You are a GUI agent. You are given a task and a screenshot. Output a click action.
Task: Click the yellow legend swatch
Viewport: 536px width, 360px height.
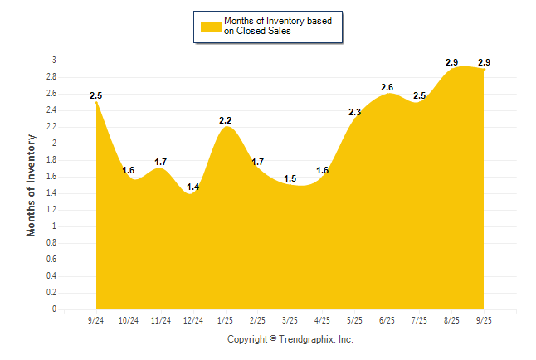(209, 27)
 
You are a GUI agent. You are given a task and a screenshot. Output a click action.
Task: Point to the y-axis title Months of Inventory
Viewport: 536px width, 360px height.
(32, 185)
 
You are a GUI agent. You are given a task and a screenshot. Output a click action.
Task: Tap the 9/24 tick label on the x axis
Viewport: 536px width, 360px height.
(96, 320)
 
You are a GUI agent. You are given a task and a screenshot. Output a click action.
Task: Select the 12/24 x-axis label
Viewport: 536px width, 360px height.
(192, 320)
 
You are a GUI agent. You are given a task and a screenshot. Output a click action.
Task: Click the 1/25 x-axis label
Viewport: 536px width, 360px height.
(225, 320)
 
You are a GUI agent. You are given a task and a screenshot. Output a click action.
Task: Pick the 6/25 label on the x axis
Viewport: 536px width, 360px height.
(387, 320)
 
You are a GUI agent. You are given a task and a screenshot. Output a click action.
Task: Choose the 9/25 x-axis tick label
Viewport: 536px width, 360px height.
(484, 320)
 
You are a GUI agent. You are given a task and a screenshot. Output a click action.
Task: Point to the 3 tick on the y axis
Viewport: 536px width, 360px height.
(54, 61)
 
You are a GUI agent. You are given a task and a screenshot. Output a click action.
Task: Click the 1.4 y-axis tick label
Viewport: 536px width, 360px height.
(51, 193)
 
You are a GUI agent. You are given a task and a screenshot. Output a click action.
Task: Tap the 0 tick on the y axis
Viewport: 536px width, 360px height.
(54, 309)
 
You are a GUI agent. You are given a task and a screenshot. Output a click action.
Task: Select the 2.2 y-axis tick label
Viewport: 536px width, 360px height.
(51, 127)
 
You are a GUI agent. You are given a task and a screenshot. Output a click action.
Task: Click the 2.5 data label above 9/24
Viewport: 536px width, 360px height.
(96, 96)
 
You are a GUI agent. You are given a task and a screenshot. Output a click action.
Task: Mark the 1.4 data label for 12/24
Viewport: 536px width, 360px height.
(192, 187)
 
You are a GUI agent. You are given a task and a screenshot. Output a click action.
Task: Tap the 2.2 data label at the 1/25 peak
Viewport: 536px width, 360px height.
(226, 121)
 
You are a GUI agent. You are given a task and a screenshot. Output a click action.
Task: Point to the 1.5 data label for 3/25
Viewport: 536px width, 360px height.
(290, 178)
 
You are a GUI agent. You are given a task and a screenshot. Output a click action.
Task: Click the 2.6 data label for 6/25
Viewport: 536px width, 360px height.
(387, 87)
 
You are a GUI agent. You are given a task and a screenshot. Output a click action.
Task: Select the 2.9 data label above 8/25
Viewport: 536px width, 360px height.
(452, 62)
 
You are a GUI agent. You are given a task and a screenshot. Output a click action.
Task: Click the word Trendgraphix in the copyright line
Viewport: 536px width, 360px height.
(305, 339)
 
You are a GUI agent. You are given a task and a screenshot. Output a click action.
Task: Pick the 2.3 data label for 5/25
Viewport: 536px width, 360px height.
(354, 112)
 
